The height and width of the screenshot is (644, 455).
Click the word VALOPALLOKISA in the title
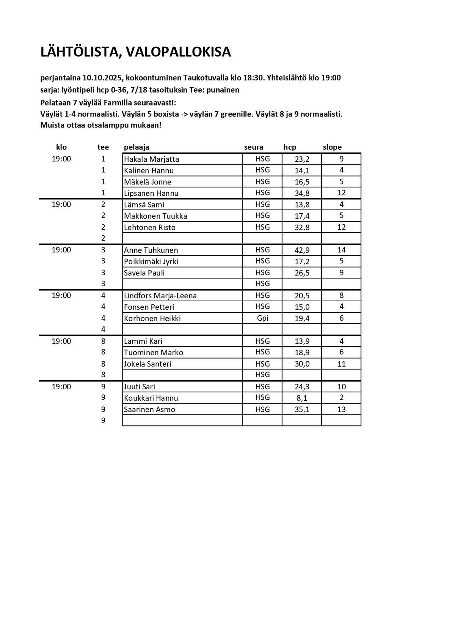pos(178,52)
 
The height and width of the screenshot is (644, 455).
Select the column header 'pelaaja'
pos(136,147)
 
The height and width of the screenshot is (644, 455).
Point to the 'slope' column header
pos(332,147)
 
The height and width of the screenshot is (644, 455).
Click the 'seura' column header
pos(253,147)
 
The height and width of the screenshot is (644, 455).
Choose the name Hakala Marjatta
pos(151,159)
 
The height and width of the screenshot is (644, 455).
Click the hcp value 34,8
pos(302,193)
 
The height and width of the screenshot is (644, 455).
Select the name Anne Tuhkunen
pos(151,250)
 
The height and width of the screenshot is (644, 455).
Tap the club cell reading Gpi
pos(262,318)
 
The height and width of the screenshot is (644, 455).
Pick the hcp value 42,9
pos(302,250)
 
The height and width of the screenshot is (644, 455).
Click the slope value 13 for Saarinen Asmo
pos(341,409)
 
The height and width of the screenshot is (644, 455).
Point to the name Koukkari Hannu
pos(151,398)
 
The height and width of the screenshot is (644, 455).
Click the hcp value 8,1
pos(302,398)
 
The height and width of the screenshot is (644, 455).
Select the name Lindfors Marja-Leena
pos(160,296)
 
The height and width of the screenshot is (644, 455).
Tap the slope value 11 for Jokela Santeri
pos(341,364)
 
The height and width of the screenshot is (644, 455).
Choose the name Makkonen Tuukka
pos(155,216)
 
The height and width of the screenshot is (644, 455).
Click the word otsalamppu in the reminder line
pos(108,125)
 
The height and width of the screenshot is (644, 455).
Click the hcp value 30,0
pos(302,364)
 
